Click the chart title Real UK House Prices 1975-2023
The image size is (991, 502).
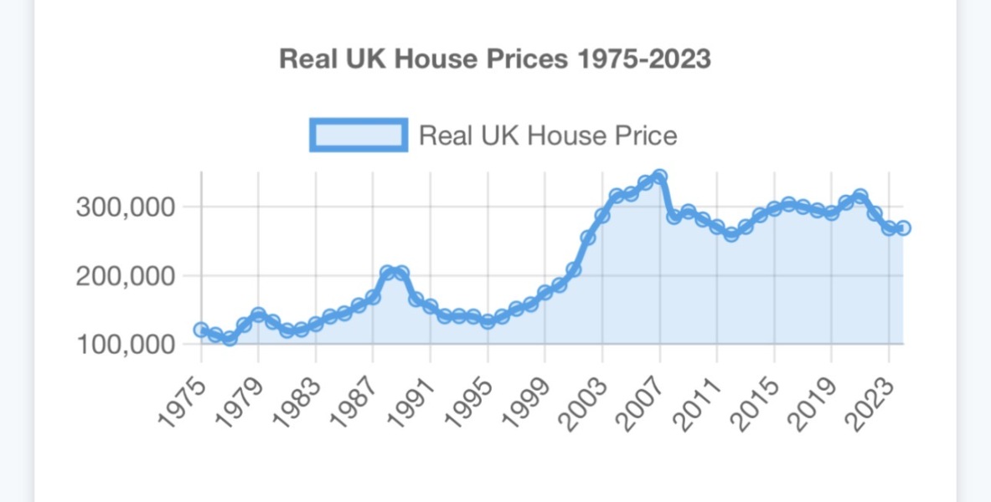click(494, 59)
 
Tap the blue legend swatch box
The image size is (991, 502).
click(359, 135)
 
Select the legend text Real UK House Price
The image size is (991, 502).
click(547, 135)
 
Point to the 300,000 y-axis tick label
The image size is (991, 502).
click(126, 207)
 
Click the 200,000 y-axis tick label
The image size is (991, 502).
click(126, 275)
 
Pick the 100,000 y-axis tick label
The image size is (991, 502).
click(126, 344)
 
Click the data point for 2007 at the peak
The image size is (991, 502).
click(659, 177)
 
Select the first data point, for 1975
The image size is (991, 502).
click(201, 330)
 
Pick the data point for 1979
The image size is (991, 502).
click(258, 315)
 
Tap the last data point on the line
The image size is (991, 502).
click(903, 228)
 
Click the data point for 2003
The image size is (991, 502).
click(601, 216)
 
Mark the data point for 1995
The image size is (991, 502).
click(488, 321)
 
